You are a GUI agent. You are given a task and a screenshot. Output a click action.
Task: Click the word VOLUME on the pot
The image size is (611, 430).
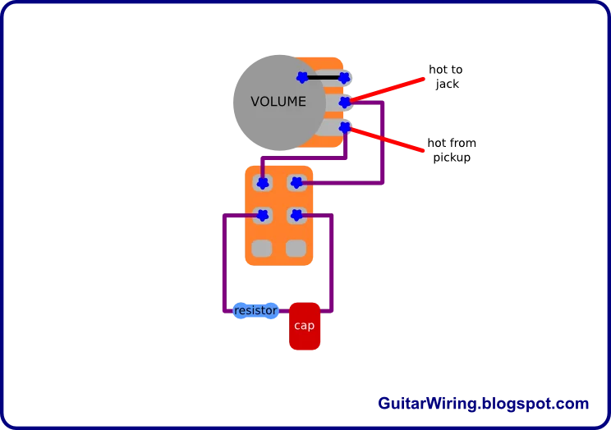[x=278, y=102]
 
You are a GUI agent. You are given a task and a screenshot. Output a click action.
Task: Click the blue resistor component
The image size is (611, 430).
[x=255, y=311]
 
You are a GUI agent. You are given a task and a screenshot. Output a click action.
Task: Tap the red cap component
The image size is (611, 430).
[x=305, y=326]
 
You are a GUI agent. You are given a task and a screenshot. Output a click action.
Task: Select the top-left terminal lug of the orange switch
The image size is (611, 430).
[x=262, y=182]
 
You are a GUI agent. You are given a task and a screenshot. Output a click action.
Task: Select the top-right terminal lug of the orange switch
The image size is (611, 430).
[x=296, y=182]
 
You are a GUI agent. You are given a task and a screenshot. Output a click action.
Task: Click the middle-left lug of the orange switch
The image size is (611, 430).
[x=262, y=216]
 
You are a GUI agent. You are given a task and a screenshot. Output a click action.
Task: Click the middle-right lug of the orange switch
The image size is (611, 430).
[x=296, y=216]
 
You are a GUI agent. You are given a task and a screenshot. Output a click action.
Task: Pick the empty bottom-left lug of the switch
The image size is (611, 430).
[x=262, y=248]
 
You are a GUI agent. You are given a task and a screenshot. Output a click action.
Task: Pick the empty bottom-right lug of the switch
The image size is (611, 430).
[x=296, y=248]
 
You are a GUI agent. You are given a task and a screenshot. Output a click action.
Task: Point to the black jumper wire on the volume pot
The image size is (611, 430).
[x=324, y=78]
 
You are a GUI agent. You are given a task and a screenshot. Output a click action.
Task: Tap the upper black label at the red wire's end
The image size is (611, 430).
[x=446, y=75]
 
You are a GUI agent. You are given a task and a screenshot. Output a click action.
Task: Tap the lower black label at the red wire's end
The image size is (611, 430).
[x=452, y=150]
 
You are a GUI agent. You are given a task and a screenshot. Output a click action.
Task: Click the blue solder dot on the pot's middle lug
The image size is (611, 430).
[x=345, y=103]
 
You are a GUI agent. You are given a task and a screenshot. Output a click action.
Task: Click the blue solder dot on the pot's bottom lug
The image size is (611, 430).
[x=345, y=128]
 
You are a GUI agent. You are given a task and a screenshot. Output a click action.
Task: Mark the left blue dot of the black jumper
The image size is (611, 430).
[x=302, y=78]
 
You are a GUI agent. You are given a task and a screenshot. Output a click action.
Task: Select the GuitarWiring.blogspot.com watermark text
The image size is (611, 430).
[x=483, y=404]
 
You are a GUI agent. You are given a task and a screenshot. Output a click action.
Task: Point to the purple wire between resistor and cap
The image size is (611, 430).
[x=285, y=312]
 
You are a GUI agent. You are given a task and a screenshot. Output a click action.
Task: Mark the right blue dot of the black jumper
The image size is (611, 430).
[x=344, y=78]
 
